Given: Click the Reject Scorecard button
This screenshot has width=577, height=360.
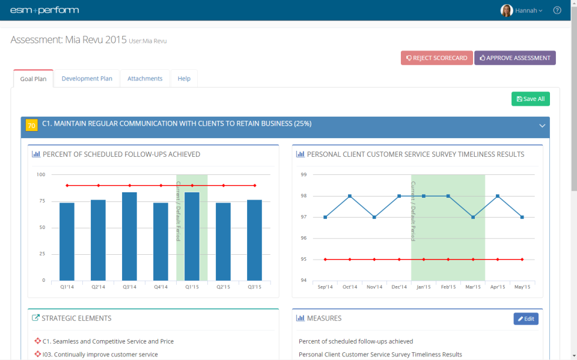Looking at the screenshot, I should click(437, 58).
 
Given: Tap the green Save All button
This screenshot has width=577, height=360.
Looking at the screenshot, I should click(530, 99).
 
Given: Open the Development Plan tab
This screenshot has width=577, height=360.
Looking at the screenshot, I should click(87, 79).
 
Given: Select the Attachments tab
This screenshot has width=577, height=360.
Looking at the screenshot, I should click(145, 79).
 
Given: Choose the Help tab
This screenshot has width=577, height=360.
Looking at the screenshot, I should click(184, 79).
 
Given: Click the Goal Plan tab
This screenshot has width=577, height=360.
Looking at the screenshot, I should click(33, 79).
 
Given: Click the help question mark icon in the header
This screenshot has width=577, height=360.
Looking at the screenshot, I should click(557, 10).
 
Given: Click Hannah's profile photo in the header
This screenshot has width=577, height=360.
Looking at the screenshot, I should click(507, 10).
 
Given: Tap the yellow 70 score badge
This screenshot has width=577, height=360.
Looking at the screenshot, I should click(32, 125).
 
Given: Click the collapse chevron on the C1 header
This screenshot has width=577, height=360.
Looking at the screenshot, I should click(542, 126).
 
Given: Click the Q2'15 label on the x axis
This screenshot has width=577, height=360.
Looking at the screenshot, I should click(223, 287).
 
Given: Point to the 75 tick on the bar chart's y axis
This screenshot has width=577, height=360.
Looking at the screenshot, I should click(41, 201).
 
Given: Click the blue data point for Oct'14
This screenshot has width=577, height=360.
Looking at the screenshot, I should click(350, 196).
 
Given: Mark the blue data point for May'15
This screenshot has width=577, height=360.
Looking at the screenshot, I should click(522, 217).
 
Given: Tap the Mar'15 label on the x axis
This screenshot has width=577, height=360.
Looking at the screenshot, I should click(472, 287).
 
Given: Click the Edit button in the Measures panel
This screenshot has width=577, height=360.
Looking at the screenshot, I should click(526, 319).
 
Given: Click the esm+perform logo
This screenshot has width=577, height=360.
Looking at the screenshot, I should click(44, 10).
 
